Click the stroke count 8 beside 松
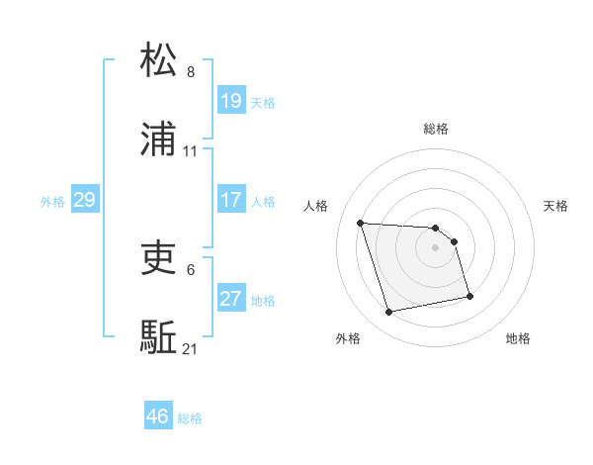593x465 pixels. point(191,72)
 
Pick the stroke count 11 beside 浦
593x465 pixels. point(191,152)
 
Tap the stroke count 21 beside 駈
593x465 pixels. point(191,349)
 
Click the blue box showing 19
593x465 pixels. point(230,101)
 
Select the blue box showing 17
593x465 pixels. point(230,200)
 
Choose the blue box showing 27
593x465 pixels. point(230,299)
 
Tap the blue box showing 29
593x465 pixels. point(84,200)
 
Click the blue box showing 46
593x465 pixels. point(158,417)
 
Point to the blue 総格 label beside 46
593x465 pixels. point(190,418)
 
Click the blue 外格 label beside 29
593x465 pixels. point(52,202)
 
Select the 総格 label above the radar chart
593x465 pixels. point(436,129)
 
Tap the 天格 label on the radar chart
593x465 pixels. point(556,206)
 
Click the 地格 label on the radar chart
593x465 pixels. point(518,338)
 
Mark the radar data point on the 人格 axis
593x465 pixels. point(361,223)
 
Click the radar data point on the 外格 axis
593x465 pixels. point(389,313)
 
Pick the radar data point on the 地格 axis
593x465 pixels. point(469,295)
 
